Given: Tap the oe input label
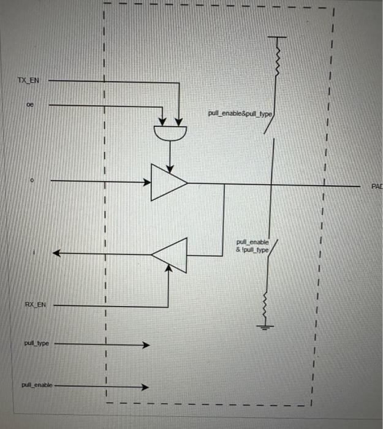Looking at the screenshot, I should click(30, 105).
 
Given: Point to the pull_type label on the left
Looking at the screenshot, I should click(36, 344).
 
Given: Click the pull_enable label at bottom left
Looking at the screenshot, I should click(37, 385).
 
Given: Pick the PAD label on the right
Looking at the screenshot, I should click(376, 186).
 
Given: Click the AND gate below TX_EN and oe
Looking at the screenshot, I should click(170, 131).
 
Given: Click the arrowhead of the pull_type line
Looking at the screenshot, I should click(146, 345).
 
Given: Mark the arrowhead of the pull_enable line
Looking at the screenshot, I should click(146, 387).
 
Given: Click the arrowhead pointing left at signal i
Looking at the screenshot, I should click(56, 253).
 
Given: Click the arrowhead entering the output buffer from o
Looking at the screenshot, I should click(147, 181).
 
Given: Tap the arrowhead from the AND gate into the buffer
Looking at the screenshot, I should click(170, 161).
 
